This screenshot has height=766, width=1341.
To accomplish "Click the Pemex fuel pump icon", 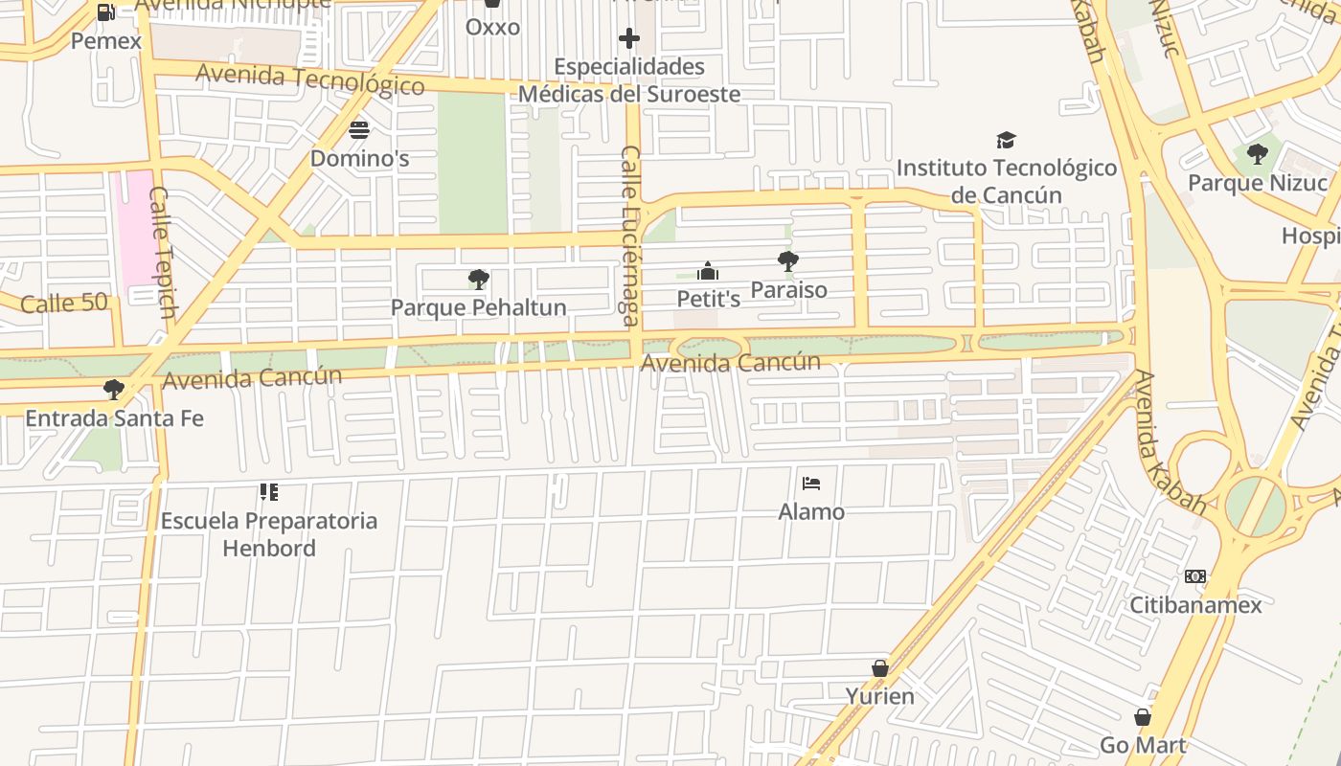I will click(x=106, y=12).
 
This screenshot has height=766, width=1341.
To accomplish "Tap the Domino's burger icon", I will click(x=359, y=129).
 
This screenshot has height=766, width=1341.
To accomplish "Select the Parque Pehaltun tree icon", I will click(x=478, y=280).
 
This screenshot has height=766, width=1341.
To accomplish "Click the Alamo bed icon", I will click(x=811, y=484).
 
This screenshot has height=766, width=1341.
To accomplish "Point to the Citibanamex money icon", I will click(x=1194, y=576).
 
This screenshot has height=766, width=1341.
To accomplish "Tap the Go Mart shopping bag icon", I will click(x=1142, y=717).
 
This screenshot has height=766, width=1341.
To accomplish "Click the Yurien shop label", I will click(x=879, y=696).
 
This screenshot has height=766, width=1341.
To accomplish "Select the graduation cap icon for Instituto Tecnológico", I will click(x=1006, y=141).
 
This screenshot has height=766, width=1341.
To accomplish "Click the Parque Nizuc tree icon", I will click(x=1257, y=154).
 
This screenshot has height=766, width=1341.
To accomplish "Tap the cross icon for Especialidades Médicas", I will click(x=629, y=38).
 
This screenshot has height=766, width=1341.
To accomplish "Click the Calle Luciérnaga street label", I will click(x=630, y=236).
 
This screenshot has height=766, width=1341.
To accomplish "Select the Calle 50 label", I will click(x=63, y=304).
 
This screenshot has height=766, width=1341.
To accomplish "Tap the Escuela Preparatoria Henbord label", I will click(x=268, y=534).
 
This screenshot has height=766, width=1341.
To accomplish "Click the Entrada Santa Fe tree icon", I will click(x=113, y=390).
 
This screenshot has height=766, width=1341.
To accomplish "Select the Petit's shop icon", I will click(x=708, y=272).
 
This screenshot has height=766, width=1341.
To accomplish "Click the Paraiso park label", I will click(x=788, y=289).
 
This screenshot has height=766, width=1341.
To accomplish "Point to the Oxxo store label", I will click(x=492, y=27).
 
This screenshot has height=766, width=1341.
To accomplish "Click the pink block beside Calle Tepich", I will click(x=131, y=225).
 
